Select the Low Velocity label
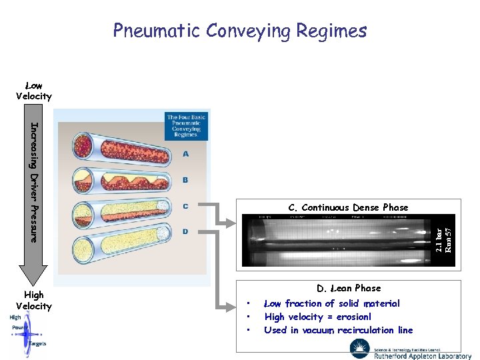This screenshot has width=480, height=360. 33,91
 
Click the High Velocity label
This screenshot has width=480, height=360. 33,300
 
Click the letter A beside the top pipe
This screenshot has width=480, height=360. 185,154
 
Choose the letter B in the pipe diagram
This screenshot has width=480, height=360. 185,180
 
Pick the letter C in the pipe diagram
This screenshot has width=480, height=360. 185,206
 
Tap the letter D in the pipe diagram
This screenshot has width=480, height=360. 185,231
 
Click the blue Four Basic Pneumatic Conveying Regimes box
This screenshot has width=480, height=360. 187,125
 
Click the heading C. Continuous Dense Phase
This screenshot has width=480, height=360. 348,207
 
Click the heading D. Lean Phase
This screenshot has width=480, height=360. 349,288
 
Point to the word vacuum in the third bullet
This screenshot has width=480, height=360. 316,330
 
